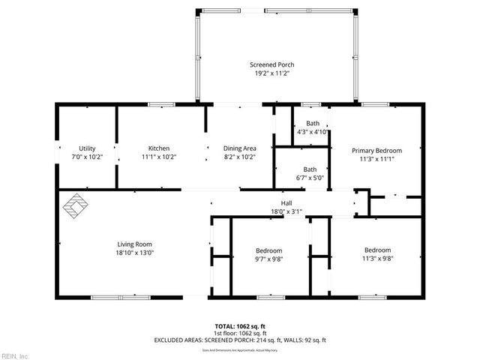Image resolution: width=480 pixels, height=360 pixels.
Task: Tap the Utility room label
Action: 87,148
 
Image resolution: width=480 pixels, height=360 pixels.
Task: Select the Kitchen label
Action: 158,148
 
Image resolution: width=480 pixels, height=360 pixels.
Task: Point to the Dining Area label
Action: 240,148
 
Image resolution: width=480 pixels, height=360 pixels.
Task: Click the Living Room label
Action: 134,244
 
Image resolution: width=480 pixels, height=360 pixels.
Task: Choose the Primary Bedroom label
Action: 376,150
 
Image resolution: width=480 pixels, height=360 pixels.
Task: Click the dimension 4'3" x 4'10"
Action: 313,132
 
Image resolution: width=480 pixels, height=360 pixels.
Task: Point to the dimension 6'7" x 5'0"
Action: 309,178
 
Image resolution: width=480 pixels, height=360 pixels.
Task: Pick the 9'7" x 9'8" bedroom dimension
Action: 269,259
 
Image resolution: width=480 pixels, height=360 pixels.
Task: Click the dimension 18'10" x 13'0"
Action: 134,253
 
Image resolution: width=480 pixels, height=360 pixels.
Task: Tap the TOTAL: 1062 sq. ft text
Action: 239,326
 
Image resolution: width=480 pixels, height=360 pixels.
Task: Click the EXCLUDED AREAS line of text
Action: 239,340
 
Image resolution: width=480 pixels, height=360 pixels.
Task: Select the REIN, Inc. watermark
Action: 15,355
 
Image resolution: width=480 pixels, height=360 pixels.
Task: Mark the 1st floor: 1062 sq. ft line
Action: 239,333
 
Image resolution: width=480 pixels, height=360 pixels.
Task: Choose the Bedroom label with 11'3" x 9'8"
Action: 377,250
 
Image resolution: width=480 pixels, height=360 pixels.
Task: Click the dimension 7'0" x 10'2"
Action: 87,157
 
